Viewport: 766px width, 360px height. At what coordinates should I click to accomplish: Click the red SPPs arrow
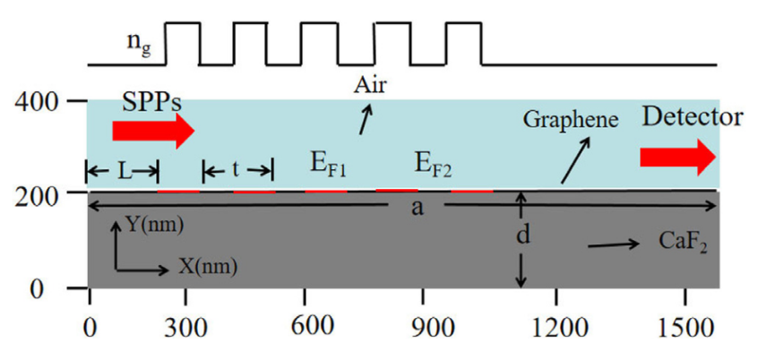(x=153, y=131)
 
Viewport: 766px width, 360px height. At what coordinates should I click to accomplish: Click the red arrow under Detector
(x=678, y=158)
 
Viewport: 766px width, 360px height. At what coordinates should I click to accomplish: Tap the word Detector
(x=693, y=117)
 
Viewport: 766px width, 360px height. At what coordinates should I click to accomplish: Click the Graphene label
(x=571, y=120)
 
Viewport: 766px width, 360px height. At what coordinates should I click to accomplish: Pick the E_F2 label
(x=433, y=165)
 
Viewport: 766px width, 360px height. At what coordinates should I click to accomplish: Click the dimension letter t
(x=236, y=170)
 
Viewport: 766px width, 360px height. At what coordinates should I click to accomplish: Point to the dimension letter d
(x=523, y=236)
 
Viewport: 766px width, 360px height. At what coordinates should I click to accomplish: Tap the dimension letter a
(x=417, y=207)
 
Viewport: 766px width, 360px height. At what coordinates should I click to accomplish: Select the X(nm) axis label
(x=208, y=267)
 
